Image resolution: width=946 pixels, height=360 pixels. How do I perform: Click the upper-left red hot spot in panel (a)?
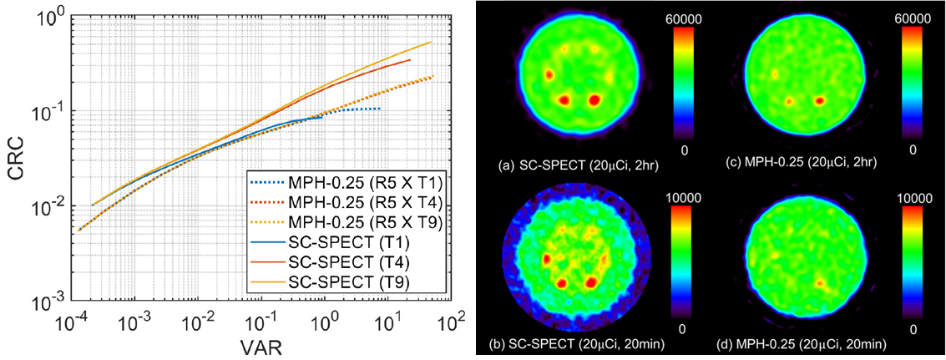(550, 74)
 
